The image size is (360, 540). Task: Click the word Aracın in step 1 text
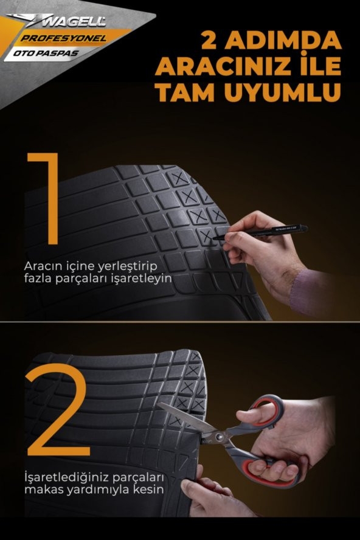(41, 266)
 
